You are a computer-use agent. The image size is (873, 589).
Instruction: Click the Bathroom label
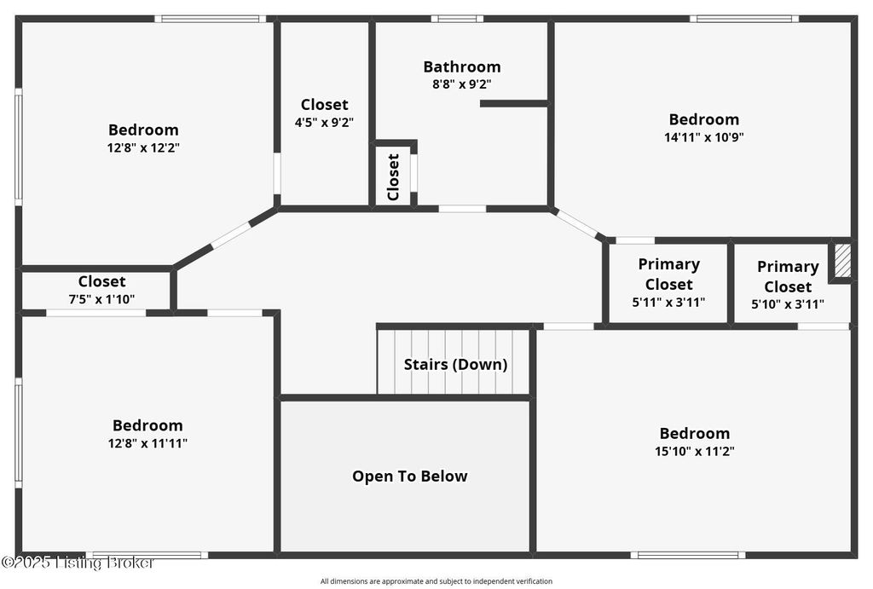pos(461,66)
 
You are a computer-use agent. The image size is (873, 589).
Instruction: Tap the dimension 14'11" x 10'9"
pos(703,137)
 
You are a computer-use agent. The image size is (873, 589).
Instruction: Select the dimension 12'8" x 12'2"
pos(143,147)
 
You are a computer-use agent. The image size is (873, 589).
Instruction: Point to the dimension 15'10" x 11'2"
pos(694,451)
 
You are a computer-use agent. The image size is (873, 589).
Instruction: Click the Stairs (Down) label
pos(455,365)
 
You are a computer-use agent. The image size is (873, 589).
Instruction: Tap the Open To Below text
pos(410,476)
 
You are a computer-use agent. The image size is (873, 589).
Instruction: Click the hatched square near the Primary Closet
pos(842,260)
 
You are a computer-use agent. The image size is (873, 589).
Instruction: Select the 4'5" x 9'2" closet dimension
pos(324,123)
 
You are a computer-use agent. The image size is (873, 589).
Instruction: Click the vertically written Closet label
pos(393,177)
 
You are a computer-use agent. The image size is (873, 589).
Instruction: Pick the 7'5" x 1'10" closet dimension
pos(101,299)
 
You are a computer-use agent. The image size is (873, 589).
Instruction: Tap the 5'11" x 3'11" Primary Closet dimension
pos(668,303)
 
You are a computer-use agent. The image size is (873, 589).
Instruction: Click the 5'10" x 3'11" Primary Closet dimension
pos(787,304)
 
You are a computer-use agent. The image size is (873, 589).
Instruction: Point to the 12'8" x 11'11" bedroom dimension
pos(147,443)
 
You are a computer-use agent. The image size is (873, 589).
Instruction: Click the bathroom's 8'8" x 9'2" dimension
pos(461,84)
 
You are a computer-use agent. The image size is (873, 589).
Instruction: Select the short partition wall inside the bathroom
pos(515,103)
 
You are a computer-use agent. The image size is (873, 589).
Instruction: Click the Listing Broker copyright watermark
pos(78,563)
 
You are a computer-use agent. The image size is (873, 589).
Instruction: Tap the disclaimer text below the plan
pos(436,581)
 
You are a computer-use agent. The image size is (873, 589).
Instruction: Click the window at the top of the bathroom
pos(457,19)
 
